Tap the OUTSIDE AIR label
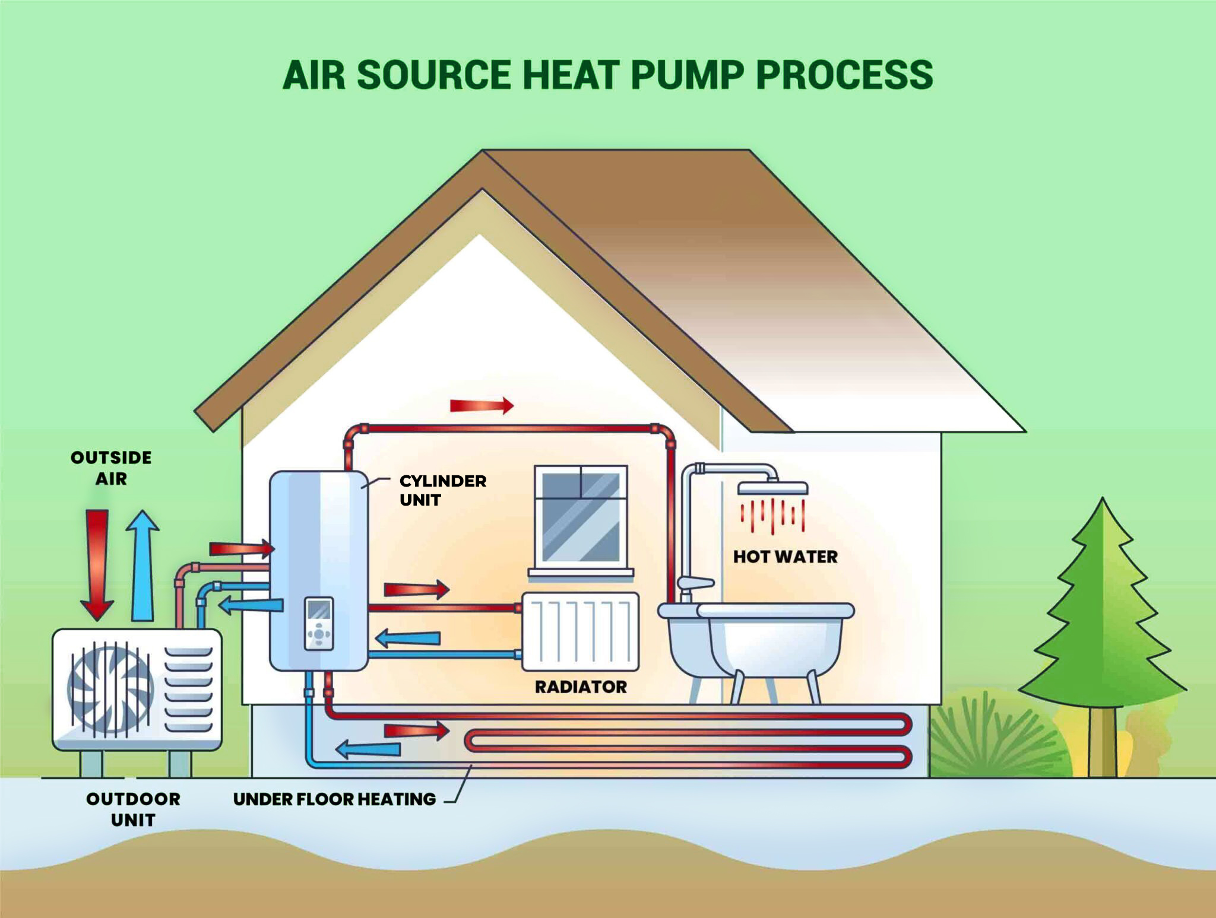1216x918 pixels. coord(111,468)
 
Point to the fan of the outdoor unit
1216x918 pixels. coord(110,689)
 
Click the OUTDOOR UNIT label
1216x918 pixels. coord(133,809)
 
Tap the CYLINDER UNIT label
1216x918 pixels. coord(442,490)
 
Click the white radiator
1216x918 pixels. coord(580,632)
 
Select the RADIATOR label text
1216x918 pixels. coord(581,687)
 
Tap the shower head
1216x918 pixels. coord(772,488)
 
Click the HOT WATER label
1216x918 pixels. coord(785,557)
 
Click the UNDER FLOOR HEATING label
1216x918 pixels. coord(334,799)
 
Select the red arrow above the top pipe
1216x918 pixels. coord(482,406)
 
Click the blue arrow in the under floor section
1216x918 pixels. coord(368,749)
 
